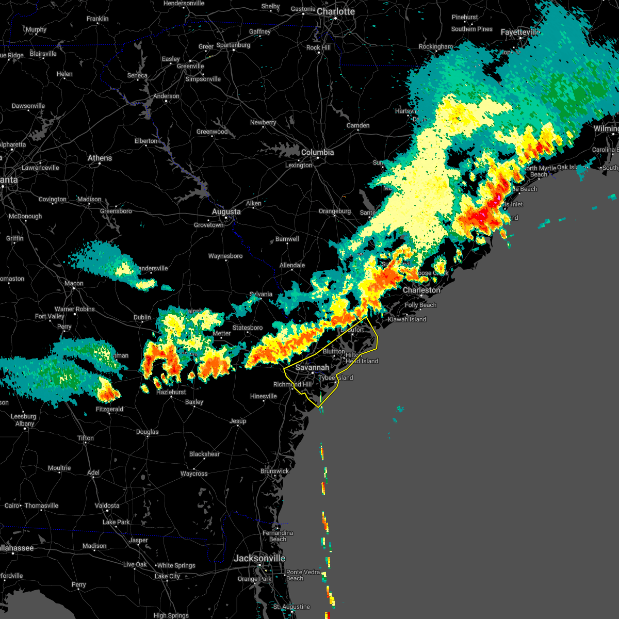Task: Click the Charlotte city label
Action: pyautogui.click(x=336, y=11)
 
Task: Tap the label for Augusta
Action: pyautogui.click(x=226, y=211)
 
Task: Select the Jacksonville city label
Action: pyautogui.click(x=259, y=558)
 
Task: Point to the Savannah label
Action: pyautogui.click(x=312, y=367)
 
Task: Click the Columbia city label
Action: pyautogui.click(x=317, y=152)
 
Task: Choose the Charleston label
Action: pyautogui.click(x=421, y=290)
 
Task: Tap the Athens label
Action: pyautogui.click(x=100, y=158)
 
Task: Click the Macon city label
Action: pyautogui.click(x=74, y=283)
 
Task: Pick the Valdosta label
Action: pyautogui.click(x=107, y=506)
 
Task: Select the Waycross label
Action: pyautogui.click(x=194, y=474)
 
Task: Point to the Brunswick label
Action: pyautogui.click(x=274, y=471)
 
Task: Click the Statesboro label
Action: pyautogui.click(x=248, y=328)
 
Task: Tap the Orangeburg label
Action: pyautogui.click(x=335, y=211)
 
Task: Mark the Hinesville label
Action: pyautogui.click(x=264, y=396)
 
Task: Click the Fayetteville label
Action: pyautogui.click(x=520, y=32)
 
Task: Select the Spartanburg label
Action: pyautogui.click(x=233, y=45)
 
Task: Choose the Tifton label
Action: pyautogui.click(x=86, y=438)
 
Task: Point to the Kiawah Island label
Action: pyautogui.click(x=407, y=319)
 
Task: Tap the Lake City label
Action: pyautogui.click(x=167, y=576)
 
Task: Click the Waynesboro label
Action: pyautogui.click(x=225, y=256)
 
